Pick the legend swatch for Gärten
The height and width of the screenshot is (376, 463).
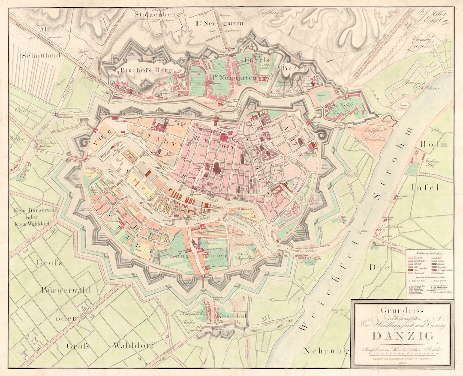click(434, 261)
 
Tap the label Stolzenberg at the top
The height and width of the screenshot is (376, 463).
click(153, 14)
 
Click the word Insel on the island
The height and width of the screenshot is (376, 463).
click(425, 187)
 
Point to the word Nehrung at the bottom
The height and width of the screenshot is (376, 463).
click(325, 351)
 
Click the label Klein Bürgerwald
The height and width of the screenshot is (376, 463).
click(36, 212)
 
